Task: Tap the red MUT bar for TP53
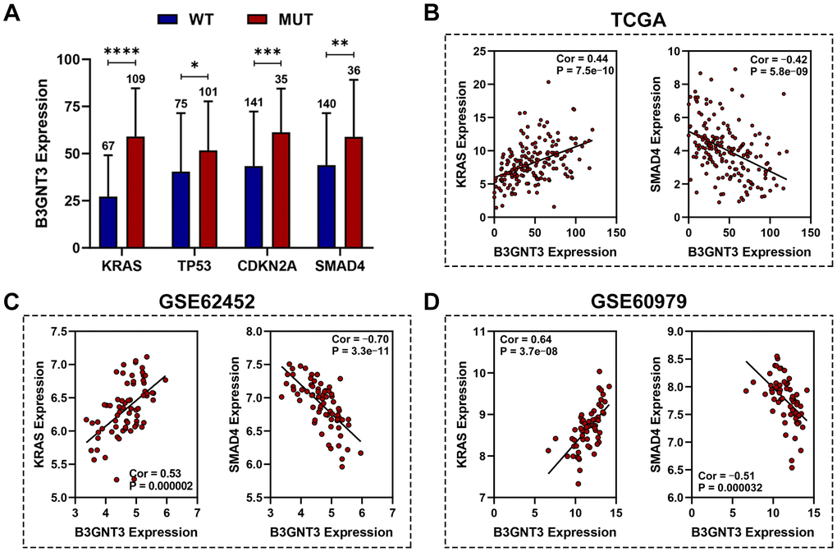click(x=198, y=198)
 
